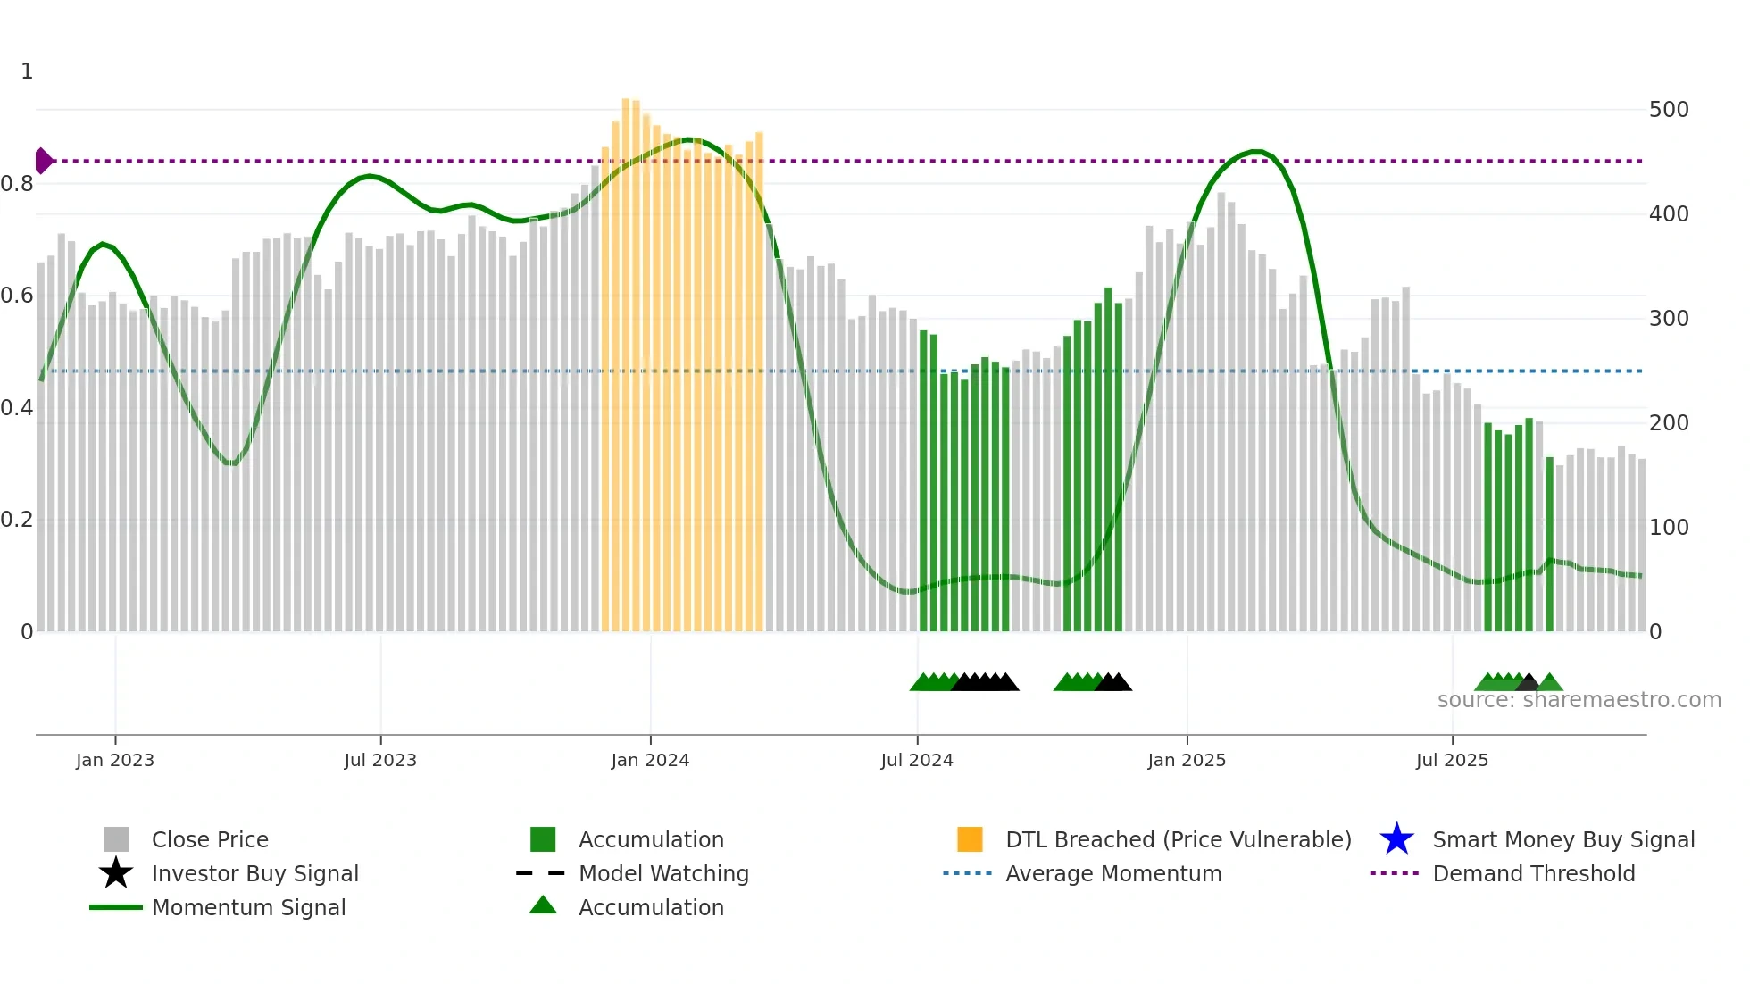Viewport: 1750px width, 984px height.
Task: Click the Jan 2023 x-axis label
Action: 114,760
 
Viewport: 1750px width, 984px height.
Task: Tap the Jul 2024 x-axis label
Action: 916,760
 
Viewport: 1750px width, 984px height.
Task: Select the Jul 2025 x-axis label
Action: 1452,760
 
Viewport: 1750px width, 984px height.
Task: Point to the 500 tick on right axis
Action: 1668,110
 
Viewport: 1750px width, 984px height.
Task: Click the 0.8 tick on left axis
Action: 17,184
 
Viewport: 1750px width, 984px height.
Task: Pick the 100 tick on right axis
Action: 1668,528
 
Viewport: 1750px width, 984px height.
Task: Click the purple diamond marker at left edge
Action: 43,161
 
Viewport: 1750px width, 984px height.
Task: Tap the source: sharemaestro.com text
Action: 1579,700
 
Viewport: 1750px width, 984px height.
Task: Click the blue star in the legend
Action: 1396,839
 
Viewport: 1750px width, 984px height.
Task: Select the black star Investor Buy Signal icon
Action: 116,873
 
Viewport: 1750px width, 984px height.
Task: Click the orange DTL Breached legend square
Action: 970,839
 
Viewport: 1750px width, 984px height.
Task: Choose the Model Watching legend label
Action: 663,873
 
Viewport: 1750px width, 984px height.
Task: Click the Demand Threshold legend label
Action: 1533,873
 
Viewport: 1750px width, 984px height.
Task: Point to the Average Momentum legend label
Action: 1113,873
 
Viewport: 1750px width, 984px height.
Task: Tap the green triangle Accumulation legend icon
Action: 543,905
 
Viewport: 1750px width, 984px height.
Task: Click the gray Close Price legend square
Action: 116,839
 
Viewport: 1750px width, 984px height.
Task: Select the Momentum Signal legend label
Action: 248,907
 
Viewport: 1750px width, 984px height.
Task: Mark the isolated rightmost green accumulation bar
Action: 1549,545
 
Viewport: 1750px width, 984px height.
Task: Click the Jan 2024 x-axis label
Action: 650,760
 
